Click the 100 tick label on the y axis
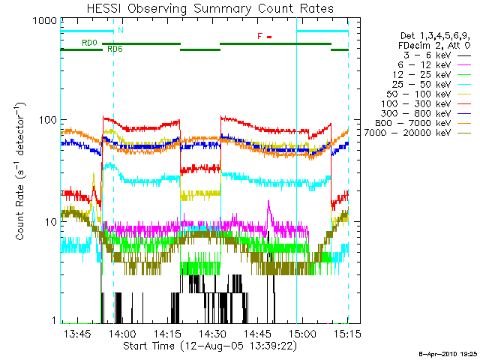tap(47, 120)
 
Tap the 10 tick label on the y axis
tap(49, 222)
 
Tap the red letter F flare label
tap(259, 36)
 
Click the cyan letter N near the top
tap(120, 31)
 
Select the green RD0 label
tap(88, 43)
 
